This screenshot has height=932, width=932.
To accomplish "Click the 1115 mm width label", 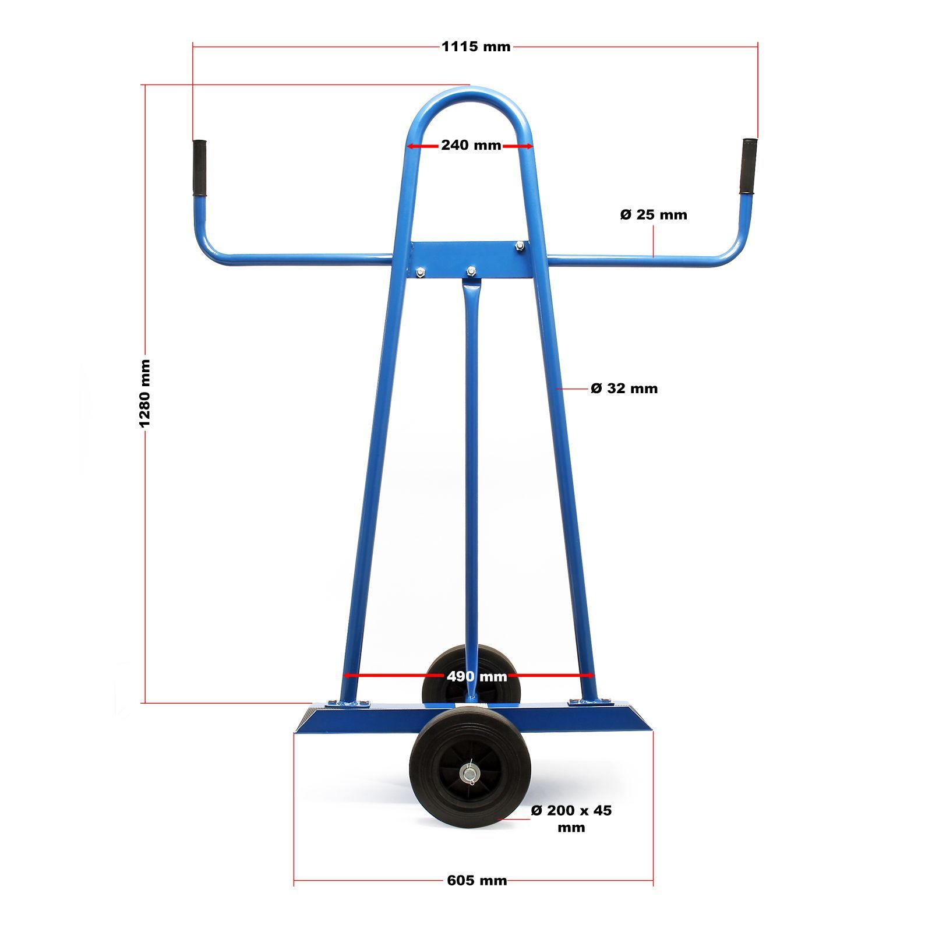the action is tap(476, 47).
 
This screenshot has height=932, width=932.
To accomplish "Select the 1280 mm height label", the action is tap(144, 393).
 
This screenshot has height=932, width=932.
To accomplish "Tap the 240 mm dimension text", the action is tap(471, 145).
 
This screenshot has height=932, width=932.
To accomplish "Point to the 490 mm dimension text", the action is tap(476, 676).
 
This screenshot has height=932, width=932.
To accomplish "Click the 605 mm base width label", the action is tap(476, 880).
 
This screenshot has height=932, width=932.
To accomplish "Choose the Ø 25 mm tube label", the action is tap(654, 214).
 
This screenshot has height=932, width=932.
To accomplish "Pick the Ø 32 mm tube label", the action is tap(624, 388).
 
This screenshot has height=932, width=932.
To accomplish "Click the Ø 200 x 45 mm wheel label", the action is tap(571, 818).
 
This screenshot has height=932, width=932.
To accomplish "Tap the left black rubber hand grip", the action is tap(199, 168).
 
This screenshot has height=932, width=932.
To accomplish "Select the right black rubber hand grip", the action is tap(749, 166).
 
